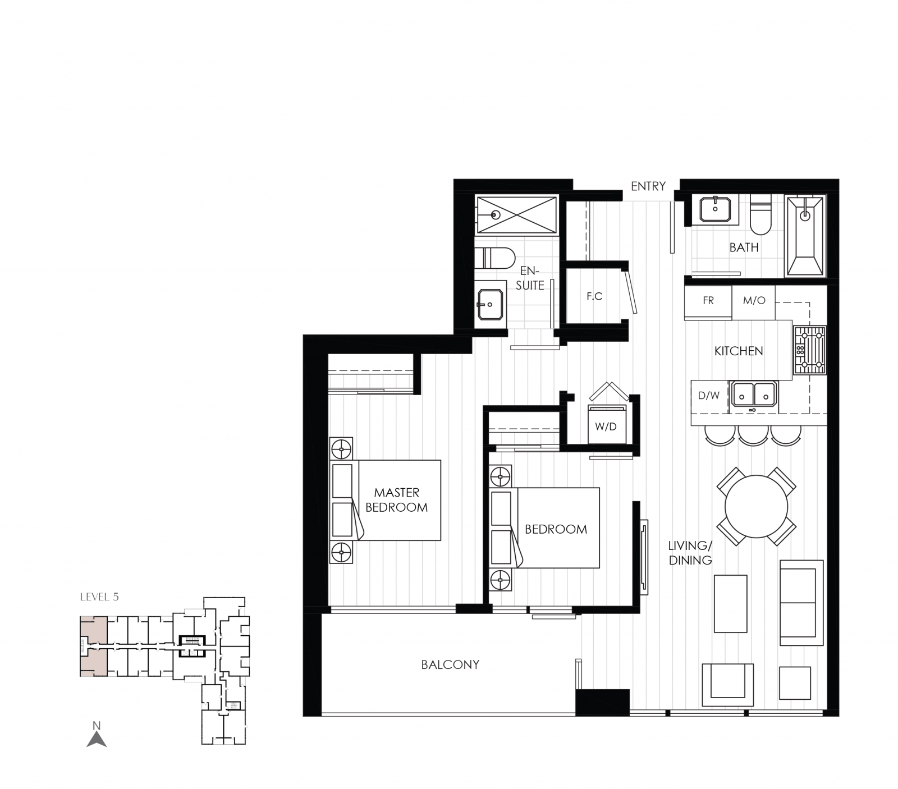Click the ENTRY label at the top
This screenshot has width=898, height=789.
click(648, 186)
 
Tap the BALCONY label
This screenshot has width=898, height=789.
click(450, 664)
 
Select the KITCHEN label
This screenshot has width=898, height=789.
click(739, 351)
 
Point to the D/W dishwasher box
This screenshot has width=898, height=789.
click(709, 396)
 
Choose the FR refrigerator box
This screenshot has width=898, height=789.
click(708, 301)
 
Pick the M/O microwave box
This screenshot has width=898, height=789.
click(754, 301)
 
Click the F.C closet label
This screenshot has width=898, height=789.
click(594, 296)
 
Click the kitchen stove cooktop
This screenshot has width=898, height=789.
click(809, 350)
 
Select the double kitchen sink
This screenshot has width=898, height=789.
click(753, 394)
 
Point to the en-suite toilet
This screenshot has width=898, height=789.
click(494, 259)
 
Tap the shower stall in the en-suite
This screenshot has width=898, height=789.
click(516, 214)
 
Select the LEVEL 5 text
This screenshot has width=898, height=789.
click(99, 597)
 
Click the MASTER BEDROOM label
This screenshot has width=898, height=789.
click(396, 500)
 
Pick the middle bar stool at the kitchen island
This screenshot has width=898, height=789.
click(753, 434)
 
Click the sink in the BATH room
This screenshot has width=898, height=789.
click(714, 209)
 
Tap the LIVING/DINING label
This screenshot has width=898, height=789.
click(690, 553)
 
